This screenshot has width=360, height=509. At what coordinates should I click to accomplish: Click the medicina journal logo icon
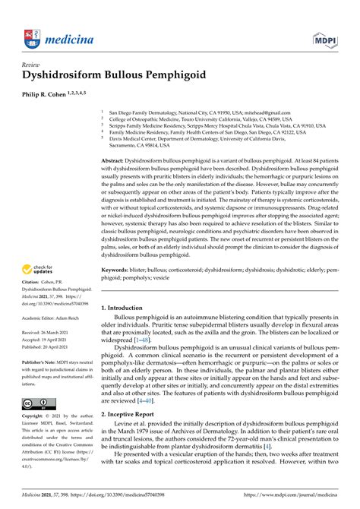[x=30, y=36]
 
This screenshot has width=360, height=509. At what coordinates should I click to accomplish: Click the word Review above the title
[x=33, y=65]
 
